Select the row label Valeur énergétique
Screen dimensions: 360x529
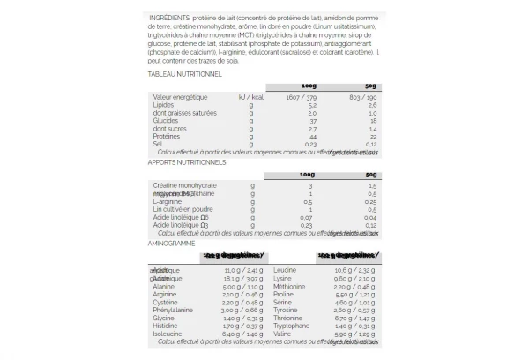click(x=180, y=96)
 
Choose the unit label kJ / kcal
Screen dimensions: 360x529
click(x=250, y=96)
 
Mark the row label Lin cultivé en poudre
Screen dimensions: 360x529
click(x=183, y=210)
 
